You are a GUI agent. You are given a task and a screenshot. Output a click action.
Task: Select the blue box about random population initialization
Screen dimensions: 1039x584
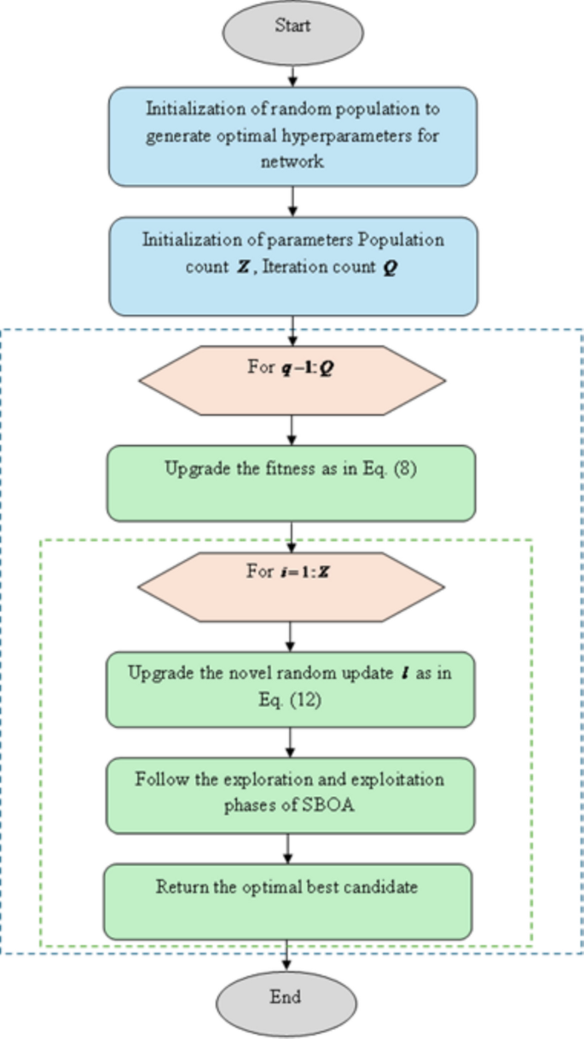(x=292, y=136)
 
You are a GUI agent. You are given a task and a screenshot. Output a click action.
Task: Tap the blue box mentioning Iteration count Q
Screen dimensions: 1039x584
(x=292, y=266)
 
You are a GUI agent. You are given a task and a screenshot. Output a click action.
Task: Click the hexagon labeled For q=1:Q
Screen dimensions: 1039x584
(x=292, y=379)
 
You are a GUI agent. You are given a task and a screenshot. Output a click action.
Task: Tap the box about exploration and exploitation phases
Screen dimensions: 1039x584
(x=291, y=794)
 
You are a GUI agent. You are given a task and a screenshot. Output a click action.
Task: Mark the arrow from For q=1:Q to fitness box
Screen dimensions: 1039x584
(x=292, y=429)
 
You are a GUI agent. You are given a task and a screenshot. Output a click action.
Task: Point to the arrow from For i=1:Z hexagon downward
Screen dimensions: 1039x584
(x=292, y=635)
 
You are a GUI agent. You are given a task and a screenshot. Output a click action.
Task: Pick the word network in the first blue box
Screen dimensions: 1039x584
(x=292, y=161)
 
